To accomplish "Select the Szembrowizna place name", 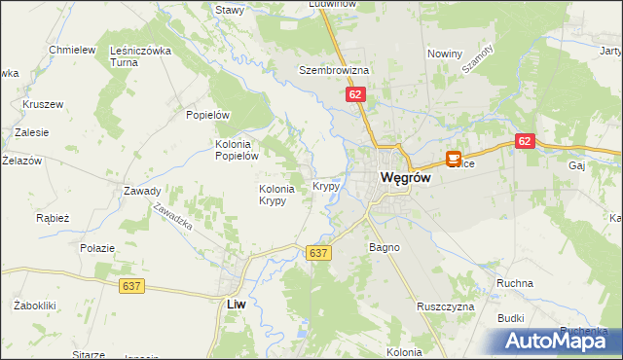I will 334,71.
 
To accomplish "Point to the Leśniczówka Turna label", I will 141,55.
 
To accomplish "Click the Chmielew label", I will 72,50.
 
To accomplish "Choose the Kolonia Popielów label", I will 236,148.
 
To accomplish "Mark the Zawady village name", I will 142,191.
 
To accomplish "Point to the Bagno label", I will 385,248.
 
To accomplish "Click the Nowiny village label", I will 444,54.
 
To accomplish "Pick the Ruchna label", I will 514,283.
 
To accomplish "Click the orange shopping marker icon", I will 454,159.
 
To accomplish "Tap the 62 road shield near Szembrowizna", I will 355,94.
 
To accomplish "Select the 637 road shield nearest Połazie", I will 133,286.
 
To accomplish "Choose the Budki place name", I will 511,318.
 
